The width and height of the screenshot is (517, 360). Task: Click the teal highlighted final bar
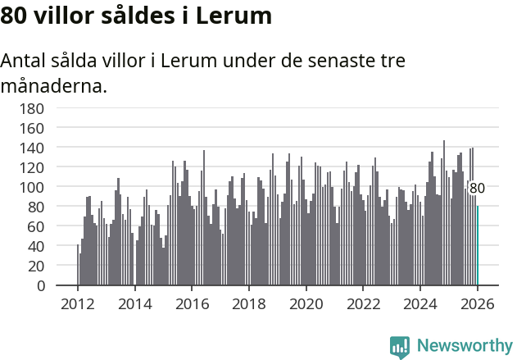478,245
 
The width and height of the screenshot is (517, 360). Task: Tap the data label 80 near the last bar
477,188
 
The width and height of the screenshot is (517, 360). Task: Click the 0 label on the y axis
39,285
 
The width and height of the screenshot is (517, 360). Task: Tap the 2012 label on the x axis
78,303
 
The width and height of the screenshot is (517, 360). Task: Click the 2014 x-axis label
135,303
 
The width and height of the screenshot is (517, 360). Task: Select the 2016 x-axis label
192,303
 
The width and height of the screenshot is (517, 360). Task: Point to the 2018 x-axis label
249,303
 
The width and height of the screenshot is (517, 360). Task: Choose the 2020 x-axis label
306,303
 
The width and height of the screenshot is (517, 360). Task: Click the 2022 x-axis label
363,303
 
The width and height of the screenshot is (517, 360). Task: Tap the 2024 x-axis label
420,303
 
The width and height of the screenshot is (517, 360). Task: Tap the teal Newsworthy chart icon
400,347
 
